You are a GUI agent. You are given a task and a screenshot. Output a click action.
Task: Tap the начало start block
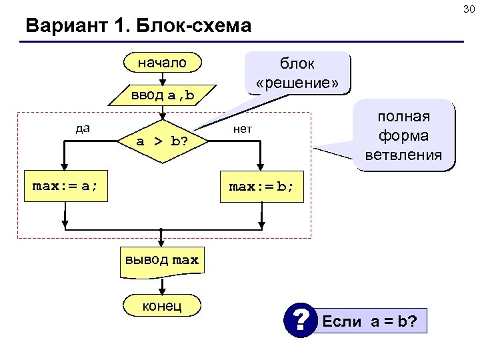point(162,63)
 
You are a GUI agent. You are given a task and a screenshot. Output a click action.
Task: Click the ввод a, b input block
point(163,95)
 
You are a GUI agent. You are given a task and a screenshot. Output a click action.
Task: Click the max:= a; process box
point(65,186)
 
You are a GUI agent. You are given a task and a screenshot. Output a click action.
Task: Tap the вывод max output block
point(161,260)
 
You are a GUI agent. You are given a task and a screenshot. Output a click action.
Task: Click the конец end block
point(161,305)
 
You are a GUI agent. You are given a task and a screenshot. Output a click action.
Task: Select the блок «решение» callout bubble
point(297,73)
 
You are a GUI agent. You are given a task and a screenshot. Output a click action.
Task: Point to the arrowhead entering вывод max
point(161,245)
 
